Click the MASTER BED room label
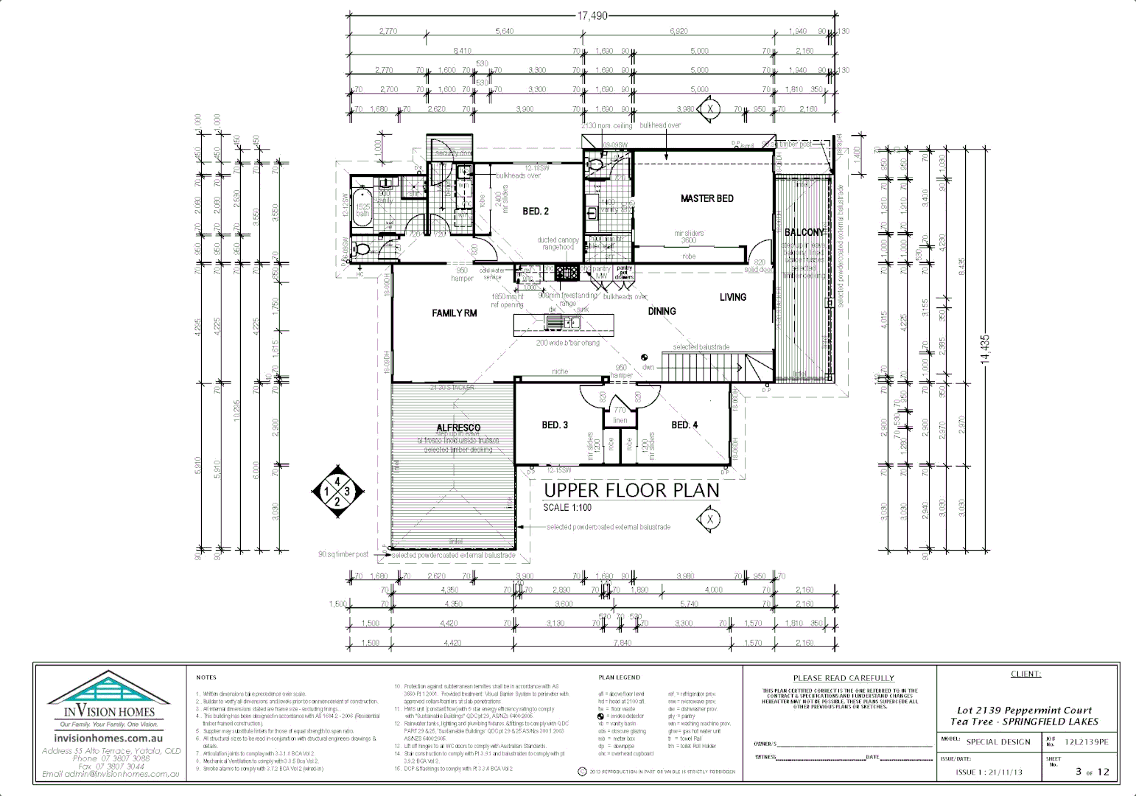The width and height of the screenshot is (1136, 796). pos(707,198)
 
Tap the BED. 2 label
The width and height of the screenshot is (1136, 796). pos(536,212)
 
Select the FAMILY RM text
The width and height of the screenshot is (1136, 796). pos(454,313)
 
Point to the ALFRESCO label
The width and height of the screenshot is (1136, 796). pos(458,427)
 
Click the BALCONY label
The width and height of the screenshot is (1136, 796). pos(804,232)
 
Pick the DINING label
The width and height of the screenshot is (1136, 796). pos(662,312)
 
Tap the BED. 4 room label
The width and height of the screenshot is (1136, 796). pos(684,425)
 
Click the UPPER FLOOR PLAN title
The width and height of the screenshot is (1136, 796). pos(631,491)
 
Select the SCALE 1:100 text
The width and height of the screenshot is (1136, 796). pos(567,508)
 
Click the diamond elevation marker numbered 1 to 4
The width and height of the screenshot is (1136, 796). pos(337,492)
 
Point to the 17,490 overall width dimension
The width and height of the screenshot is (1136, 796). pos(592,15)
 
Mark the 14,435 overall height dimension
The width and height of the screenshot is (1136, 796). pos(985,349)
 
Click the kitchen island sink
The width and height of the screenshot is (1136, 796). pos(564,322)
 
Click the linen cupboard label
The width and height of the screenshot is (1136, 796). pos(620,421)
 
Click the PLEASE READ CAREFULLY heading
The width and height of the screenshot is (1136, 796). pos(844,678)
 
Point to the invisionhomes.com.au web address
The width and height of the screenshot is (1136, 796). pos(108,738)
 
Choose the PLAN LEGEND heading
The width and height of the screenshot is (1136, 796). pos(619,677)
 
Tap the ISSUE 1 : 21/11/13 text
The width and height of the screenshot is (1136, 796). pos(989,772)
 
